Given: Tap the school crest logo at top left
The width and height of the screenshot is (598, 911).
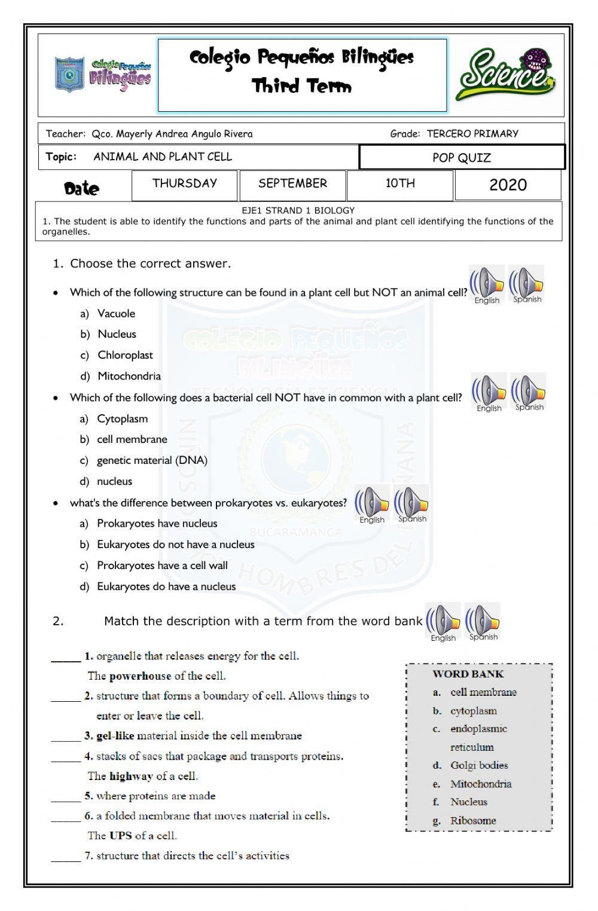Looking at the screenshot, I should click(69, 75).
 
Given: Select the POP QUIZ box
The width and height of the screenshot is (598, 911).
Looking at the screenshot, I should click(462, 158).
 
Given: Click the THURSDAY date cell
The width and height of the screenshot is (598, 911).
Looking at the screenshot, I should click(184, 184).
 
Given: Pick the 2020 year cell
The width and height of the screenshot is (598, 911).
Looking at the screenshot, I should click(508, 185).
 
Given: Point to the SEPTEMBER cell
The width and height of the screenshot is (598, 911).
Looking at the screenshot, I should click(292, 184).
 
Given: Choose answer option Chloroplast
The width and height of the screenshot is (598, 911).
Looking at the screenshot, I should click(125, 355).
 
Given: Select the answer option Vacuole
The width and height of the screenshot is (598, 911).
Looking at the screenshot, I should click(116, 314).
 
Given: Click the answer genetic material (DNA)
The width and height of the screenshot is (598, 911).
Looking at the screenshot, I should click(152, 460).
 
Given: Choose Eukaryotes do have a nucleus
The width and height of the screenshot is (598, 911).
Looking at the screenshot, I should click(166, 586).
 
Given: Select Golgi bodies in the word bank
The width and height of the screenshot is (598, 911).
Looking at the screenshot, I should click(479, 765).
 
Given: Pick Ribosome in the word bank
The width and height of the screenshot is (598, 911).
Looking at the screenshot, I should click(473, 820).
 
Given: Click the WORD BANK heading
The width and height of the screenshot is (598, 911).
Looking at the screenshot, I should click(468, 674).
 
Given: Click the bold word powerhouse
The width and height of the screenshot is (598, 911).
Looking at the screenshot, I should click(140, 676).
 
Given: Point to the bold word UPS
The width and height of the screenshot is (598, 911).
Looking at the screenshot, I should click(121, 836).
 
